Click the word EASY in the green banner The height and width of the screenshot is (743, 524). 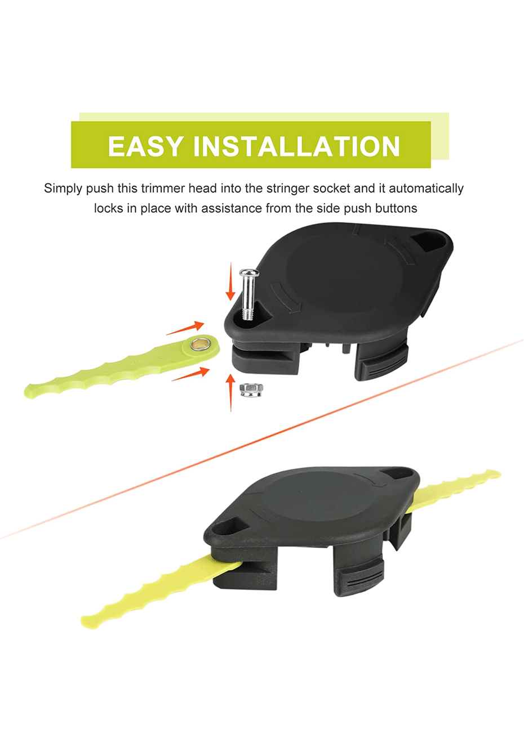(145, 146)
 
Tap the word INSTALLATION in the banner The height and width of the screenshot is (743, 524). (297, 146)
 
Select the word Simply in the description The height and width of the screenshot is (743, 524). (63, 189)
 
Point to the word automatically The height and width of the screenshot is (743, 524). (426, 189)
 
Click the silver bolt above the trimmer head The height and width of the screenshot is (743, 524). (248, 294)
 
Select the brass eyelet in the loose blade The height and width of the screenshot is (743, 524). (201, 344)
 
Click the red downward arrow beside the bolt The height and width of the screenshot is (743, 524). (230, 281)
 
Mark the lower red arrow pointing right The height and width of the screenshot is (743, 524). (190, 374)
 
